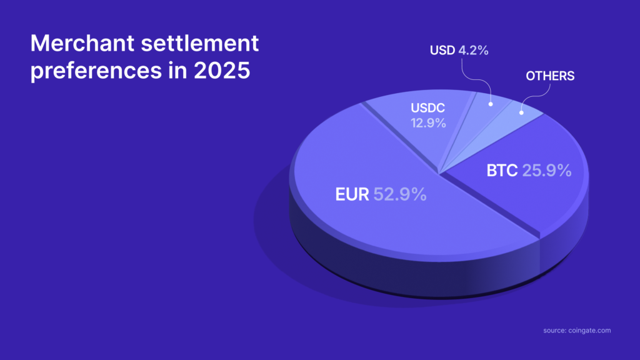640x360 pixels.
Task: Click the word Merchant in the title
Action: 82,43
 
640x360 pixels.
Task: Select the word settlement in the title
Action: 200,43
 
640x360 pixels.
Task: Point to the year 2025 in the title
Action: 222,71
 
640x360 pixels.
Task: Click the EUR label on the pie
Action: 352,194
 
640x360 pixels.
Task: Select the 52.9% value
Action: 400,194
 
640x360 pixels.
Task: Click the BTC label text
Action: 502,171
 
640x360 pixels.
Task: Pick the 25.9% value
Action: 547,171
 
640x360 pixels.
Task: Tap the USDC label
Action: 427,108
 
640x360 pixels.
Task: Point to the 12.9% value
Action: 428,123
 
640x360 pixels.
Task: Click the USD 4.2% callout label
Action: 459,50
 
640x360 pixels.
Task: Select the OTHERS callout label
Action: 550,76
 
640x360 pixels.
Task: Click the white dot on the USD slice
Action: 491,104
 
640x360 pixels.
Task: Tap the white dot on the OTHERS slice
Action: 521,112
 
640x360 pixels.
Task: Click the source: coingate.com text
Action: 577,331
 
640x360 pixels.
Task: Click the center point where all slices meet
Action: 439,174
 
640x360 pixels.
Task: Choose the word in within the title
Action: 177,70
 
